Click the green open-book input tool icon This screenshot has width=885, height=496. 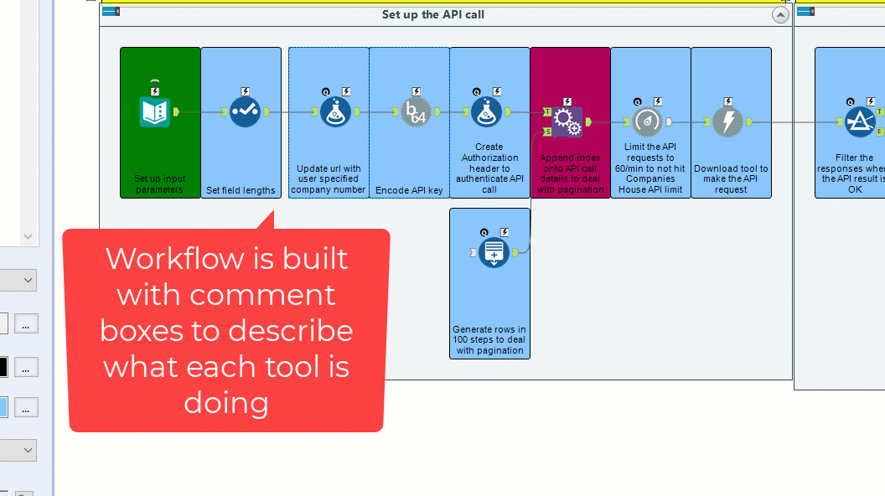(155, 111)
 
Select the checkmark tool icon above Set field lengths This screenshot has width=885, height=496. (245, 111)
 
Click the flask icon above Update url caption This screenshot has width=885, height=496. (335, 111)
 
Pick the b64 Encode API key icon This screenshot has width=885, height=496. (416, 111)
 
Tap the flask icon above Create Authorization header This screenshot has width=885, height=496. (486, 111)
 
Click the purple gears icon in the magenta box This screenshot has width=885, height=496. (567, 122)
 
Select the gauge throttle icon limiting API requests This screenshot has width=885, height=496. (648, 121)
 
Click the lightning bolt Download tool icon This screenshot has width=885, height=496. (727, 121)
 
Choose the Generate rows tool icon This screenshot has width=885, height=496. (494, 252)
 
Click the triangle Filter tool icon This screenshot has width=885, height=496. (860, 121)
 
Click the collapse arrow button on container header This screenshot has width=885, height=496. (780, 15)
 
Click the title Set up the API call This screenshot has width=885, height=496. (432, 14)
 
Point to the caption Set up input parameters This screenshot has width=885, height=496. (160, 184)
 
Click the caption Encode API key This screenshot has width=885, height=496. (409, 190)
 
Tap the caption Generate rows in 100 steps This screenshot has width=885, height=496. (489, 339)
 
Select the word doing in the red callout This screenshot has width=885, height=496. (226, 403)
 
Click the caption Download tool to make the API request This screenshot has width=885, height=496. (731, 178)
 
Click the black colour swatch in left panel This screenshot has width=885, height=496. (3, 367)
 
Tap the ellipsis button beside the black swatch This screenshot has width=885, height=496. (26, 367)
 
